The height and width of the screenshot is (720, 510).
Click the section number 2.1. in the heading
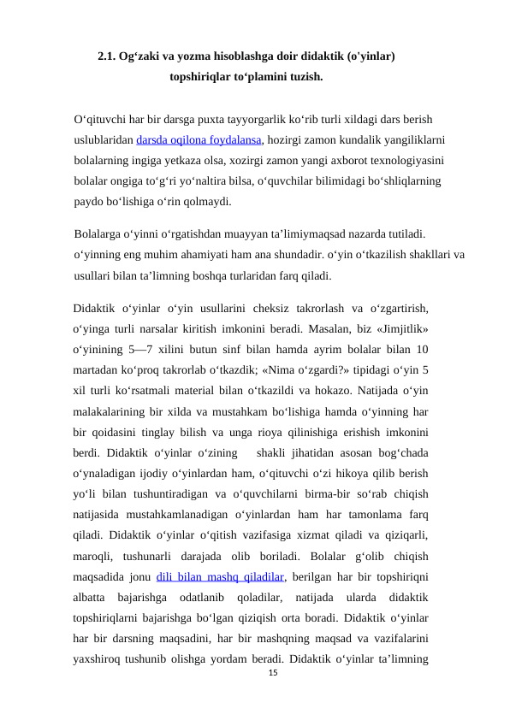click(x=107, y=58)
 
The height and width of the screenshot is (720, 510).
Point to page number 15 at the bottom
click(x=274, y=676)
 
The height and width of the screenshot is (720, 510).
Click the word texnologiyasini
click(x=392, y=161)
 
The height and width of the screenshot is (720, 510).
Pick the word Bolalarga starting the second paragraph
click(x=98, y=233)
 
